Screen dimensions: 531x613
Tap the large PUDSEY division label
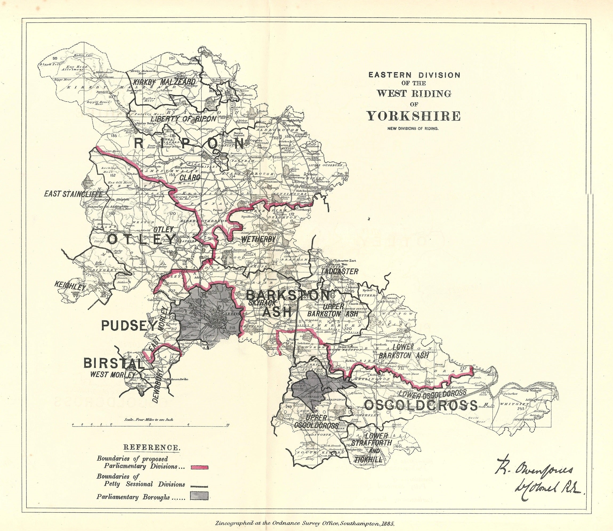(128, 326)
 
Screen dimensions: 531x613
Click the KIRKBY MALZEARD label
(164, 82)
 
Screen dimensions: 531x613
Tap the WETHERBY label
(259, 239)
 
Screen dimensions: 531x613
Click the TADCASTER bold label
(339, 271)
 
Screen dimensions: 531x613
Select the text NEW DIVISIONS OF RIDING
(414, 128)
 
